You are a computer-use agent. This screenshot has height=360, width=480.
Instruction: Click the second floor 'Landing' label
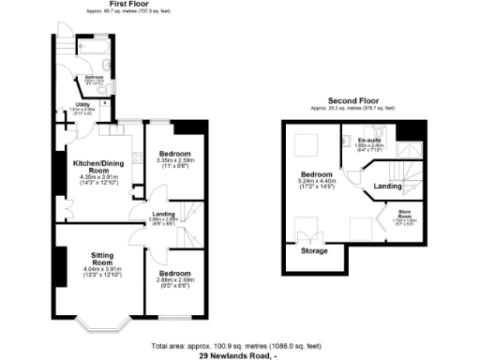pyautogui.click(x=388, y=186)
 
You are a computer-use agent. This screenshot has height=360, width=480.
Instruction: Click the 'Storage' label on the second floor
pyautogui.click(x=314, y=251)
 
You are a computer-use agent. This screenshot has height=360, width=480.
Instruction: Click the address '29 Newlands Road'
pyautogui.click(x=235, y=355)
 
